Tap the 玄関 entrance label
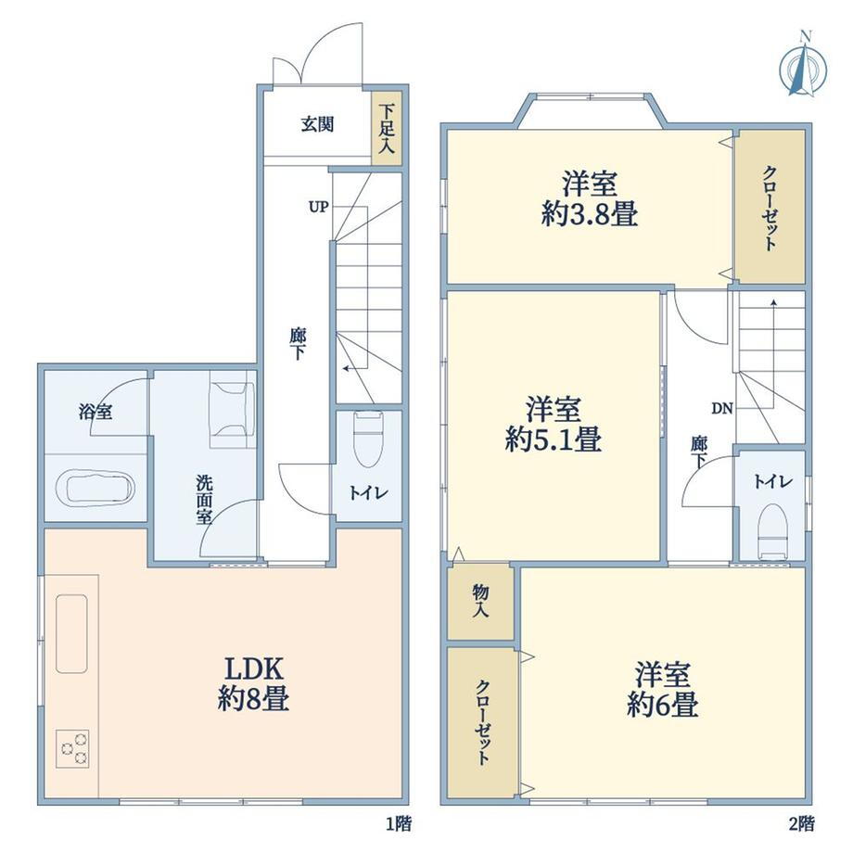[318, 125]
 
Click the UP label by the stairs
[318, 207]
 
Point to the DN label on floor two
[722, 408]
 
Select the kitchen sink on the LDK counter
[71, 634]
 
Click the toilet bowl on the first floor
[367, 439]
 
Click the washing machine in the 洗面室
[233, 409]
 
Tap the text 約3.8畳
[590, 213]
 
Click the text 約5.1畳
[554, 439]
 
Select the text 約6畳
[663, 704]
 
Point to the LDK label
[254, 668]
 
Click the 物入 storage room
[480, 603]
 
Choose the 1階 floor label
[399, 823]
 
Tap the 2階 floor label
[801, 823]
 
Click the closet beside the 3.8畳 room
[770, 207]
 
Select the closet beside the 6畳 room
[482, 722]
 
